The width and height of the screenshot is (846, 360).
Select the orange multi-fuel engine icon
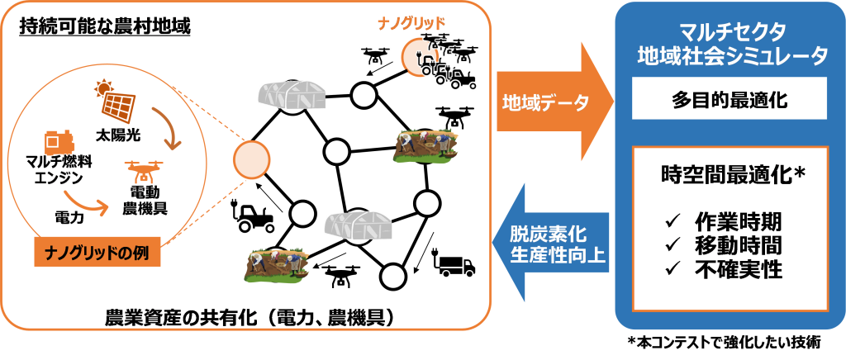click(x=55, y=146)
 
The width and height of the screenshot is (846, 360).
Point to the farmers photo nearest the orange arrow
click(x=425, y=144)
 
